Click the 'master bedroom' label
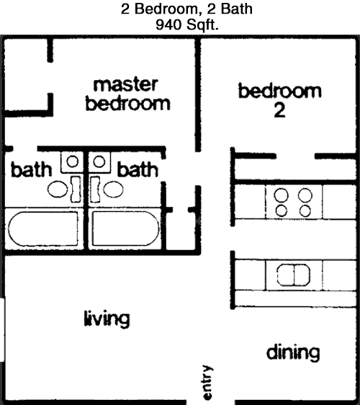coord(127,94)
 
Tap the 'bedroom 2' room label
coord(280,101)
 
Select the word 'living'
coord(107,319)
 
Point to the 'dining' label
coord(293,352)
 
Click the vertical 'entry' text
coord(207,382)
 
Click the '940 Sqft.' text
coord(186,25)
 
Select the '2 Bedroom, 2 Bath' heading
coord(186,9)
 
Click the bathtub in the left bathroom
coord(43,229)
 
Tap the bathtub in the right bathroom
coord(126,228)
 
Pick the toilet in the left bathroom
coord(64,189)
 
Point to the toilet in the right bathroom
coord(107,189)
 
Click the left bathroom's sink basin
coord(72,161)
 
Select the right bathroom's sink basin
coord(99,161)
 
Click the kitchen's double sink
coord(294,275)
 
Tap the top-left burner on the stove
coord(281,195)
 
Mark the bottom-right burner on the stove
coord(305,211)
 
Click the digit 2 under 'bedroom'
coord(279,111)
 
